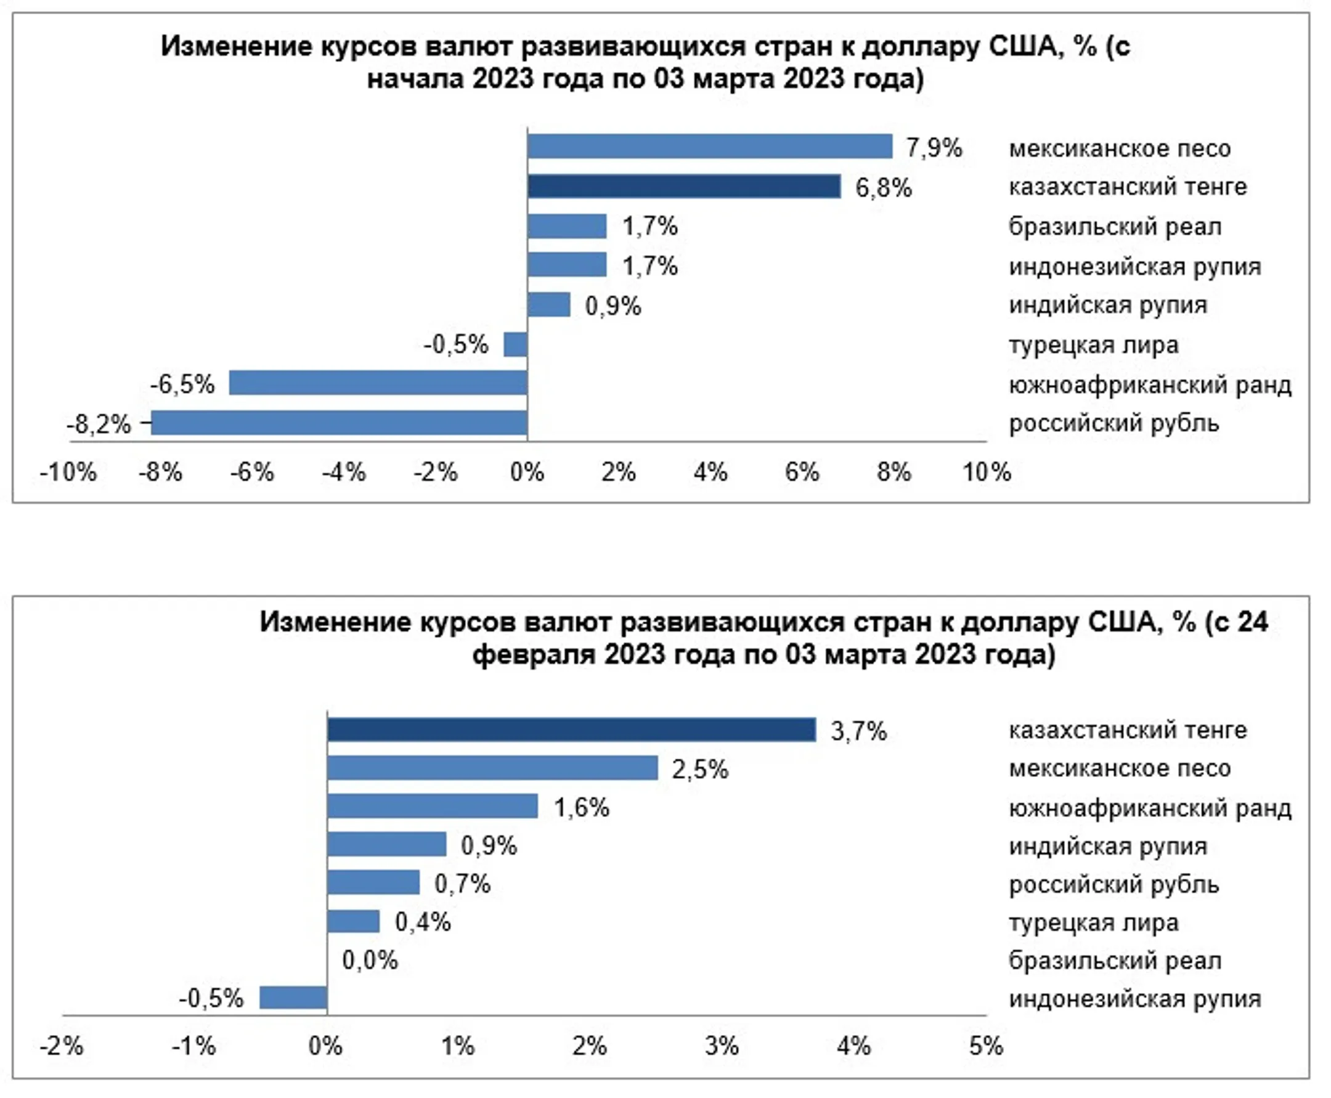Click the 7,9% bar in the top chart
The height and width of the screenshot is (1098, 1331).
point(709,146)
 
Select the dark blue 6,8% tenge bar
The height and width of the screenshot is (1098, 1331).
point(684,187)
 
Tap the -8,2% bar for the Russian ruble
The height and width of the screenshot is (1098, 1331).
point(339,423)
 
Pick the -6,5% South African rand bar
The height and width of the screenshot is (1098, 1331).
point(378,383)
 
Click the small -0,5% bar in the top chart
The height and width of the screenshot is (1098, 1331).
point(515,344)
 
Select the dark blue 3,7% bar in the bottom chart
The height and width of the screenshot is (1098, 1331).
point(571,730)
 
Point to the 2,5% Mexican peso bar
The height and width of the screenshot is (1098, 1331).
point(492,768)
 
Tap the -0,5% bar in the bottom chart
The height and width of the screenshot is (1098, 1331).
point(293,998)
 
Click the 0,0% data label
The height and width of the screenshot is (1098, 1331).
point(370,960)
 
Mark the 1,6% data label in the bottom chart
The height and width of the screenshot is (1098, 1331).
point(581,808)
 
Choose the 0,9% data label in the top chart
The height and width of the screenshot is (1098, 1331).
point(613,306)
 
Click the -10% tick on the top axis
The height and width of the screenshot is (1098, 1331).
point(68,472)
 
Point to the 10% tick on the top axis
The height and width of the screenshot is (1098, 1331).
point(986,472)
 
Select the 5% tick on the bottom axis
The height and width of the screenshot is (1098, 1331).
point(985,1046)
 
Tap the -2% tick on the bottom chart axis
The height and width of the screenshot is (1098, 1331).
point(62,1046)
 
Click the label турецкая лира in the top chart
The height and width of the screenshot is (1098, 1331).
point(1093,345)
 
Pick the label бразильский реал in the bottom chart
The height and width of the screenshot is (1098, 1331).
point(1115,961)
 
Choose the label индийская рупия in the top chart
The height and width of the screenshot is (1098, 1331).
point(1108,306)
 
